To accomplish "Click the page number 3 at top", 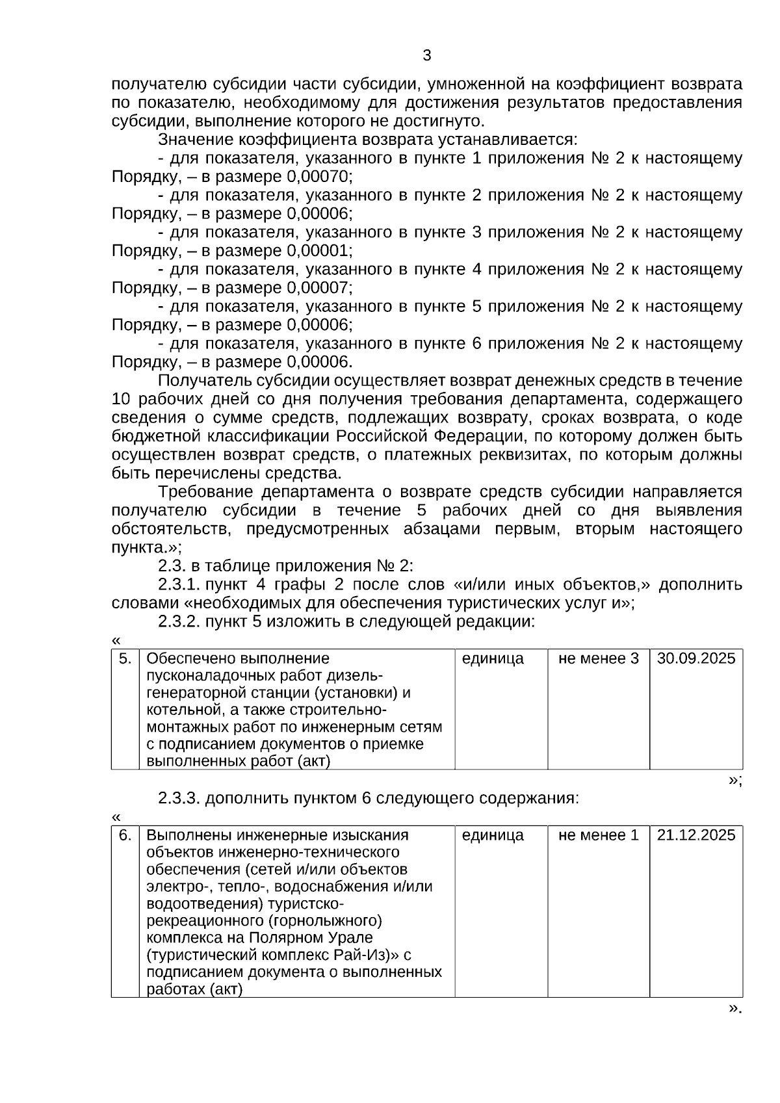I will pos(426,55).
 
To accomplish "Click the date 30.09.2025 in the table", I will pos(695,658).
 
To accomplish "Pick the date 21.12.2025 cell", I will pos(695,835).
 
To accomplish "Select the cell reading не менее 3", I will pos(598,658).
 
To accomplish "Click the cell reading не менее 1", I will pos(598,835).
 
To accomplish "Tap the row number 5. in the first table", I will pos(125,658).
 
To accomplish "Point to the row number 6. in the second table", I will pos(125,835).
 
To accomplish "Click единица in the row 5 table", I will pos(492,658).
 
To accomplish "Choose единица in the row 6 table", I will pos(492,835).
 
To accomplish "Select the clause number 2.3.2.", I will pos(179,622).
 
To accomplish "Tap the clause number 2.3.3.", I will pos(179,798).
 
